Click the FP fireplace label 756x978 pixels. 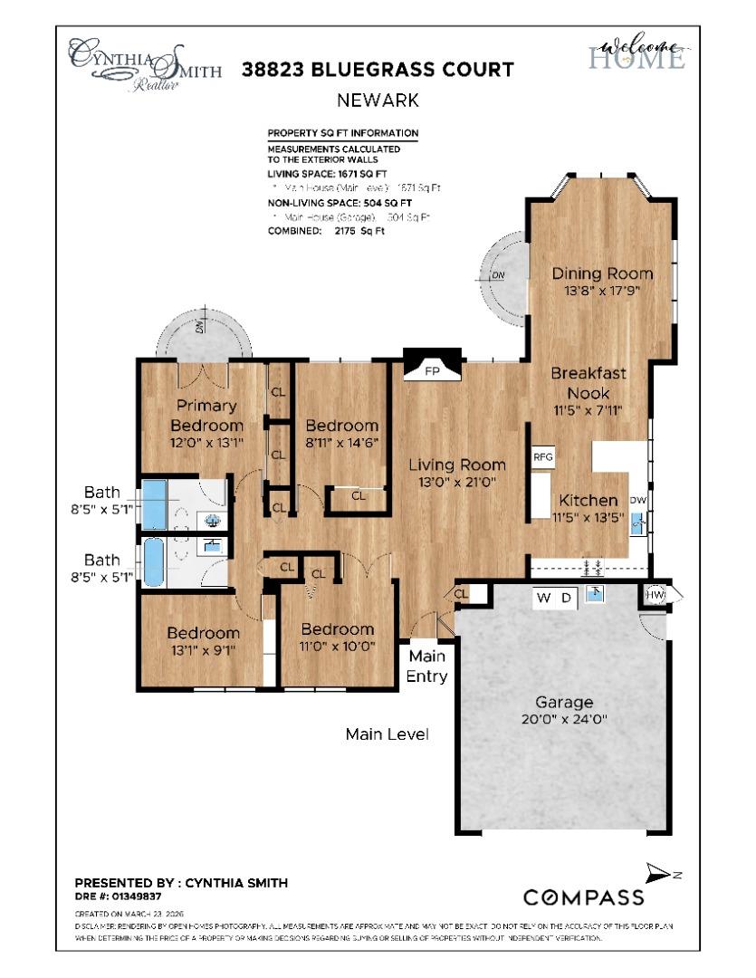431,370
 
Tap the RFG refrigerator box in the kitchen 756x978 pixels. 543,457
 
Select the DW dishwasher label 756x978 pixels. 637,500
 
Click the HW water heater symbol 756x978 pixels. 656,595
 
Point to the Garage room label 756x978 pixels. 564,702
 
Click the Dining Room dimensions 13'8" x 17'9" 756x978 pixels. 602,292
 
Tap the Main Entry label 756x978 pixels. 427,665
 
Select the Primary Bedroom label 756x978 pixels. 207,415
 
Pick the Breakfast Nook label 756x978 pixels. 589,382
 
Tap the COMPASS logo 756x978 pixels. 584,897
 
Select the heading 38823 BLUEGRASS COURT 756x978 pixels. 378,70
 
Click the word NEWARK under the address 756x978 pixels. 378,101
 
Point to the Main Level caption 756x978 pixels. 387,733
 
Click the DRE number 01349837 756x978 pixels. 118,896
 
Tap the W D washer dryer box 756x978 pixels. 556,598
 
